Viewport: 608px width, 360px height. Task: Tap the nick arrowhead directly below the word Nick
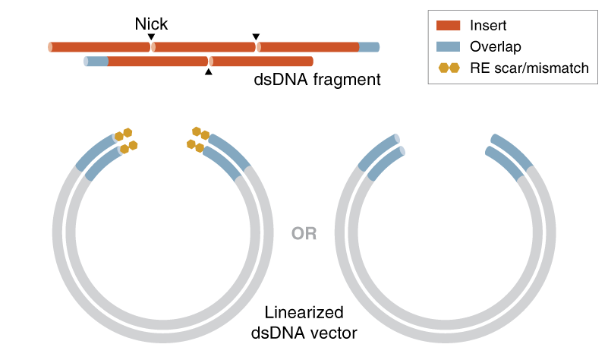click(x=151, y=37)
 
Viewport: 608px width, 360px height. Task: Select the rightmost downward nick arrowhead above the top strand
click(x=256, y=37)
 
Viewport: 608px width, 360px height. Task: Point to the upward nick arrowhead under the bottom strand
click(x=209, y=72)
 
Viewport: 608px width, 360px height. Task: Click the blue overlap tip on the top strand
click(x=369, y=47)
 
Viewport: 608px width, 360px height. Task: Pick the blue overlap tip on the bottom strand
click(x=96, y=61)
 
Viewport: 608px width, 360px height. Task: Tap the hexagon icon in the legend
click(x=449, y=68)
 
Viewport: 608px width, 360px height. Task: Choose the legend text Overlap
click(x=496, y=47)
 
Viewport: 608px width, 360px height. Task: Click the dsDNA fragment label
click(x=317, y=78)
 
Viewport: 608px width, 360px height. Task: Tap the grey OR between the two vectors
click(x=304, y=233)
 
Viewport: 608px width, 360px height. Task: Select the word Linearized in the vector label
click(x=304, y=312)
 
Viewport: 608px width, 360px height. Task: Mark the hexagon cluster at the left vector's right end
click(x=199, y=140)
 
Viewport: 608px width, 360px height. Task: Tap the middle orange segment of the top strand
click(x=205, y=47)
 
